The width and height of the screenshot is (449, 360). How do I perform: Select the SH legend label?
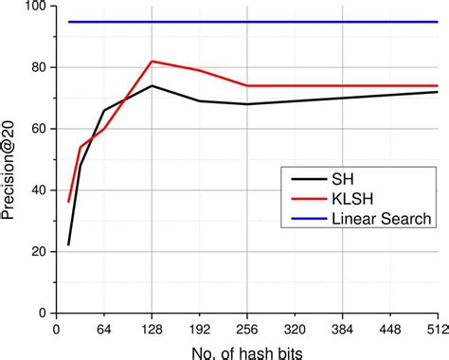[342, 177]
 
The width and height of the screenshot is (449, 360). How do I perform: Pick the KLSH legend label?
[350, 197]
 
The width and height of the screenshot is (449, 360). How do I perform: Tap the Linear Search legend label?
[382, 218]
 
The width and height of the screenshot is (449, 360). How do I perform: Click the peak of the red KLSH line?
[152, 62]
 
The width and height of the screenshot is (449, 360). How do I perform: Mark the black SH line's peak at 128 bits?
[152, 86]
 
